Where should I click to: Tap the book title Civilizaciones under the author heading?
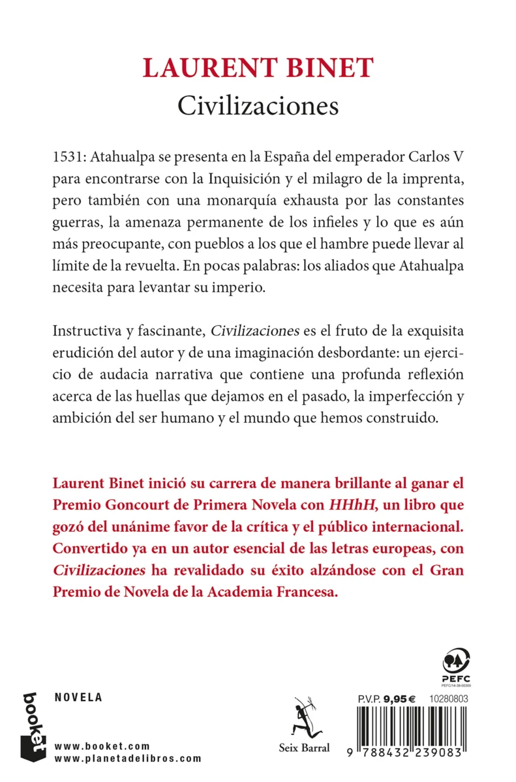(258, 106)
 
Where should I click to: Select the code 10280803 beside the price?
(447, 697)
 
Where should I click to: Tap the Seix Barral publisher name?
(305, 748)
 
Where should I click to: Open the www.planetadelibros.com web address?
(128, 759)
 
